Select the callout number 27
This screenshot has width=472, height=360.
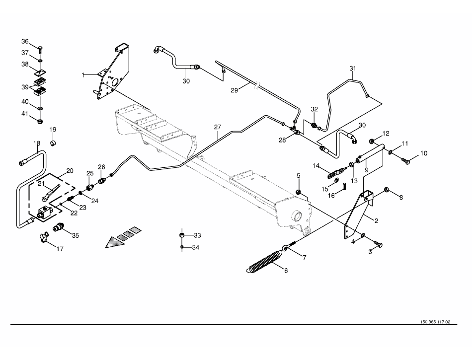coord(218,127)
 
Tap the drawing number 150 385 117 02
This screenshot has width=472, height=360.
coord(435,322)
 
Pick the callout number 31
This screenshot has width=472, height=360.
coord(352,68)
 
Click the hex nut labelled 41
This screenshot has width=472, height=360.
coord(40,121)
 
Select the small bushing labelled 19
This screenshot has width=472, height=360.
coord(53,143)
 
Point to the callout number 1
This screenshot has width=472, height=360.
coord(83,75)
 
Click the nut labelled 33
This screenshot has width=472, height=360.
coord(182,235)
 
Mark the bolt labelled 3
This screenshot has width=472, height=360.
coord(378,244)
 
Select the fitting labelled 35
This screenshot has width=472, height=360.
coord(58,227)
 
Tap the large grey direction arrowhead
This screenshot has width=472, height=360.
coord(114,242)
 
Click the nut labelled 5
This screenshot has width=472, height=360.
coord(298,192)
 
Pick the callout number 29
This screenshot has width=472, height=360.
coord(234,90)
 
